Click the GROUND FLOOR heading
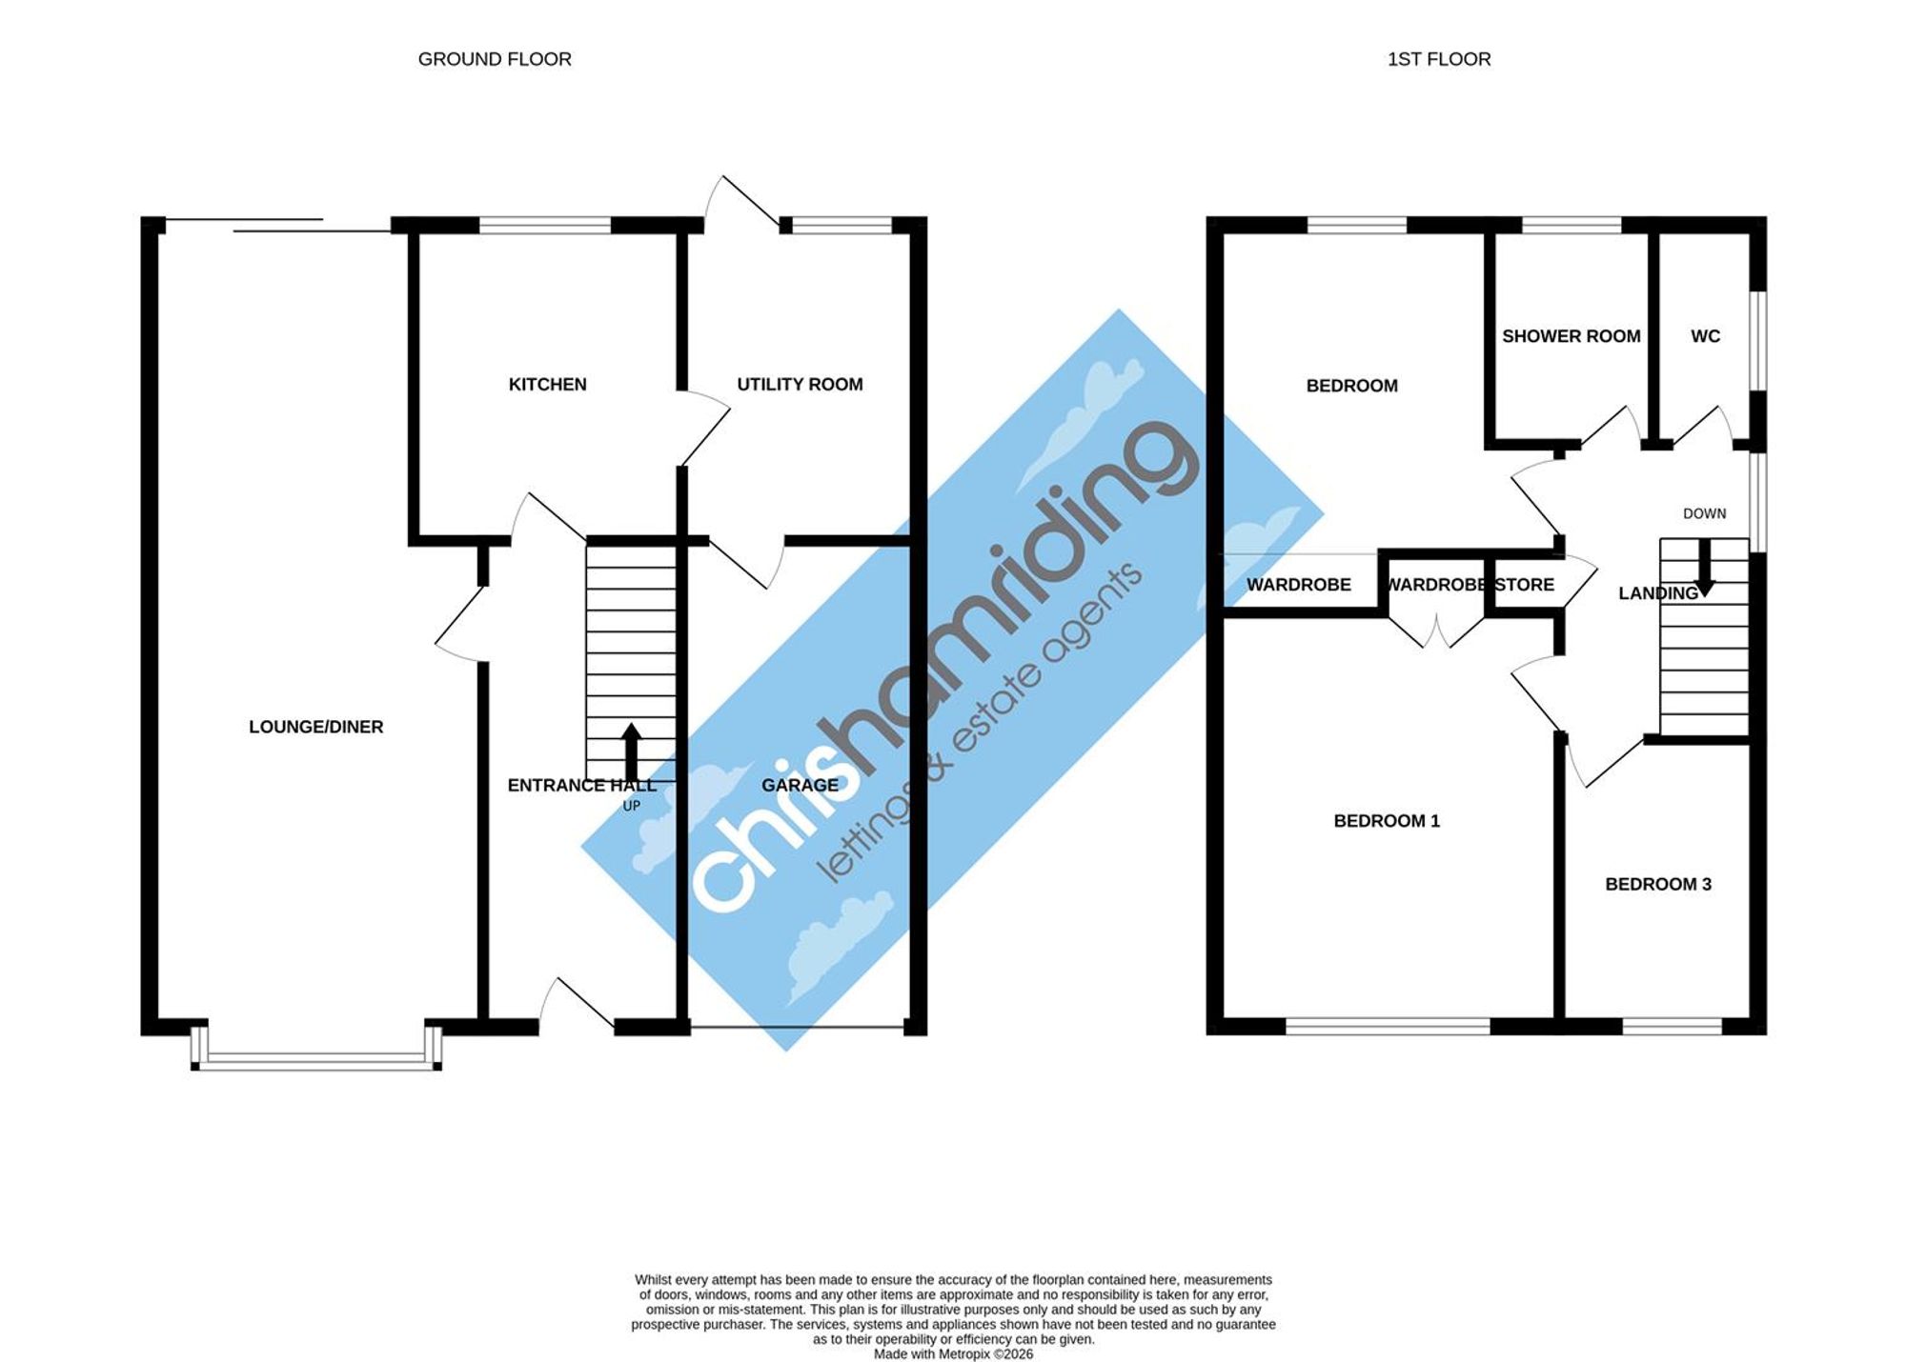(495, 59)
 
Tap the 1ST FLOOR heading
(1439, 59)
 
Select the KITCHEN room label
(548, 385)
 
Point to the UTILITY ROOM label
(800, 385)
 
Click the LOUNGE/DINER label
(316, 728)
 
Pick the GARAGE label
(800, 786)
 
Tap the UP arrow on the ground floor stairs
(631, 752)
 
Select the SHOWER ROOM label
(1571, 336)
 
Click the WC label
(1706, 336)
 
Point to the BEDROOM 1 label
(1387, 821)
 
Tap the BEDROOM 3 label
(1658, 885)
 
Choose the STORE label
(1524, 585)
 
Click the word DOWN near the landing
(1705, 514)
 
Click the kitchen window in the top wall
(545, 226)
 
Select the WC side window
(1759, 340)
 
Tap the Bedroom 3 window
(1673, 1027)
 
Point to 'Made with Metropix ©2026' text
(953, 1354)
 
